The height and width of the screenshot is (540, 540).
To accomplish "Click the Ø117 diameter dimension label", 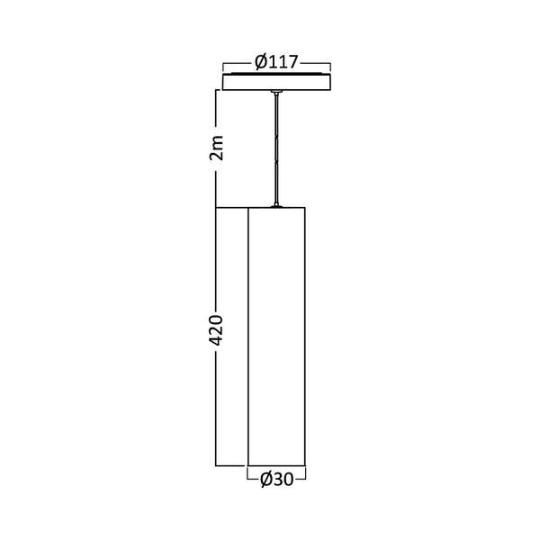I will click(276, 62).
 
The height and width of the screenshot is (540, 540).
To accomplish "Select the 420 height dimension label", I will click(216, 331).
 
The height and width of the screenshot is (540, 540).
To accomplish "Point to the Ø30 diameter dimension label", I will click(276, 481).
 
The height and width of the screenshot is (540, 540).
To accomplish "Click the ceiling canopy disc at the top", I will click(276, 82).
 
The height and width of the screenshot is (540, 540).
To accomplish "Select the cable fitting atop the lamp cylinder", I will click(276, 204).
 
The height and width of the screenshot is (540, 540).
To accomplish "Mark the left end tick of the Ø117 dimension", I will click(222, 66).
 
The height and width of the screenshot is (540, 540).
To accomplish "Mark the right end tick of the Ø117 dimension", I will click(331, 66).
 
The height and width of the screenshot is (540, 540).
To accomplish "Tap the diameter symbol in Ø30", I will click(265, 481).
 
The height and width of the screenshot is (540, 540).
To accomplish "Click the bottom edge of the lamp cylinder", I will click(276, 465).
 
